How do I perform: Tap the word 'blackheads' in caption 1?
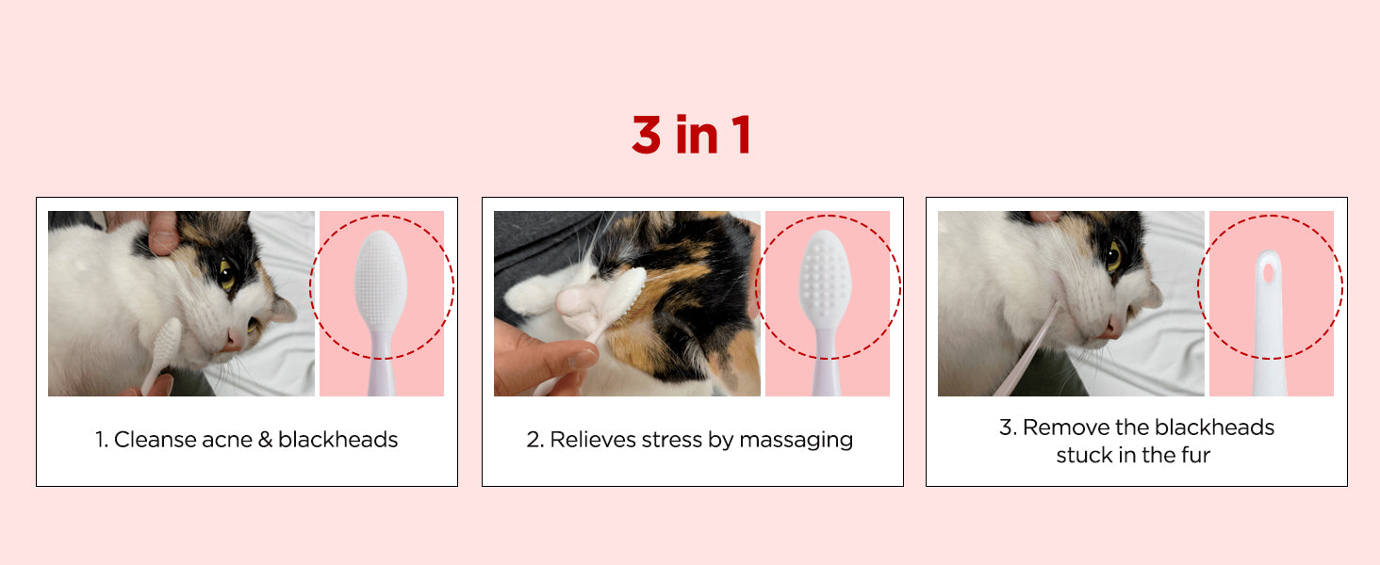click(x=337, y=440)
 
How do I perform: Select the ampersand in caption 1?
click(x=265, y=440)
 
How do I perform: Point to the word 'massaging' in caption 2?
click(x=796, y=441)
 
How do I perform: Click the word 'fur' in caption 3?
click(x=1196, y=455)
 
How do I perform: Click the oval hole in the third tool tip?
click(x=1269, y=273)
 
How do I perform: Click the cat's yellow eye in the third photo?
click(x=1113, y=256)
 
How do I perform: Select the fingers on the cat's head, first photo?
click(x=160, y=232)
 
